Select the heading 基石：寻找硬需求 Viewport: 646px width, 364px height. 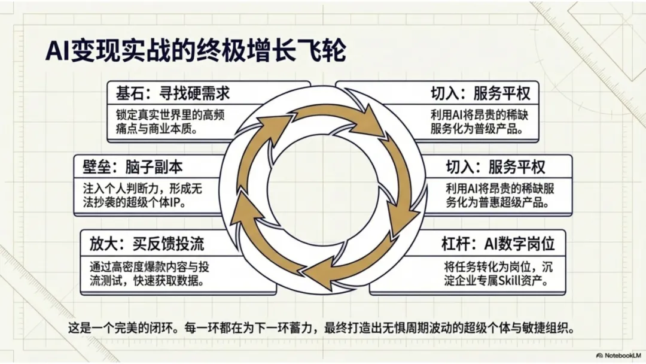pos(173,93)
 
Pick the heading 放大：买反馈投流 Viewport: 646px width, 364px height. pos(147,243)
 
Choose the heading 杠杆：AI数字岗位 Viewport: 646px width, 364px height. pos(498,243)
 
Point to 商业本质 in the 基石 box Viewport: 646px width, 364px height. pos(179,128)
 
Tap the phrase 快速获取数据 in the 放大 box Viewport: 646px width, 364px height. pos(179,280)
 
